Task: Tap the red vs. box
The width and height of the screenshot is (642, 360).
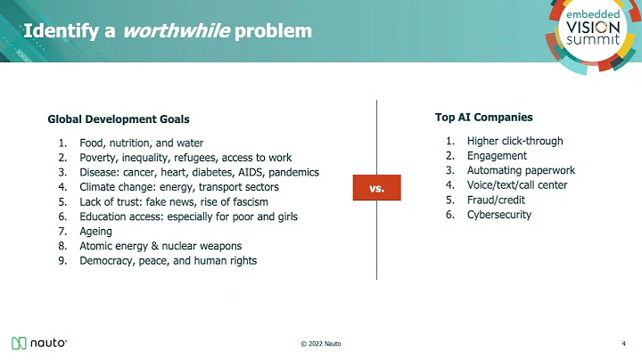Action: [x=377, y=188]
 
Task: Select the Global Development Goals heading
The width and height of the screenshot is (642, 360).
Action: [x=118, y=119]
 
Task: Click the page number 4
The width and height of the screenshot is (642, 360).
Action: [x=622, y=344]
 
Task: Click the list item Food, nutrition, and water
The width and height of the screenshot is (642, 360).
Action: [x=141, y=143]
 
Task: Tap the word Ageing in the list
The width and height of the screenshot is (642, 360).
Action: [x=96, y=231]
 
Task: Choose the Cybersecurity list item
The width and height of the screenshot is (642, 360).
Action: [x=498, y=215]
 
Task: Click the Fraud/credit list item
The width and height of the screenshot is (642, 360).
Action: [x=496, y=200]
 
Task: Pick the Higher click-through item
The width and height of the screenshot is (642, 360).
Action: [x=514, y=141]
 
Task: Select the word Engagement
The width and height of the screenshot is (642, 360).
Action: [x=497, y=156]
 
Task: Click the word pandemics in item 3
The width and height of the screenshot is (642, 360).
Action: [x=292, y=172]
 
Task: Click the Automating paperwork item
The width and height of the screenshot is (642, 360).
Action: [x=521, y=170]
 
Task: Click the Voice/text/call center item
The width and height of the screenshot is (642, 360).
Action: [x=516, y=185]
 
